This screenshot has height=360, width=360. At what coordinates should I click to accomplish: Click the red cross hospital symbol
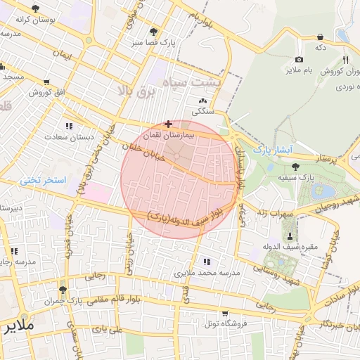(167, 123)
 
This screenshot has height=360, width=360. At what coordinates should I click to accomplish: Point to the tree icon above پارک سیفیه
(295, 167)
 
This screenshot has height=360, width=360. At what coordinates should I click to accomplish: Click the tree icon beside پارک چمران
(63, 290)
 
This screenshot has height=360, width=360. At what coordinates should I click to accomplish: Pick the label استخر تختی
(42, 180)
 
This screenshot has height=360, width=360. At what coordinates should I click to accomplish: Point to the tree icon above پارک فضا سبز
(153, 32)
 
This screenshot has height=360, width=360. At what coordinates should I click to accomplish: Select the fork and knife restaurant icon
(345, 60)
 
